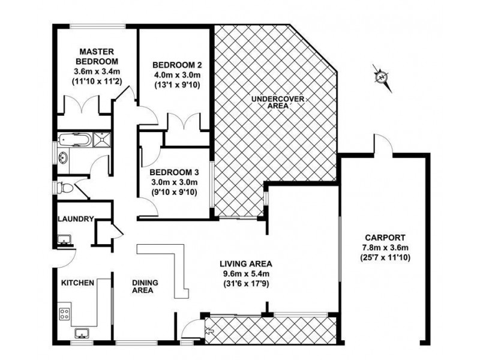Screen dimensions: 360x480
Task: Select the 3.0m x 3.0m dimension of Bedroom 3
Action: coord(175,182)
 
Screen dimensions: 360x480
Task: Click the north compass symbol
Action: coord(381,77)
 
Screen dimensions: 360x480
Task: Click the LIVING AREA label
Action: coord(246,263)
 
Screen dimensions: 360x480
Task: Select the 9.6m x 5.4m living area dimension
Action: coord(246,274)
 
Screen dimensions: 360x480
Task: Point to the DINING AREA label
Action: coord(143,287)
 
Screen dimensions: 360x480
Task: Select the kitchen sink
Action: coord(81,334)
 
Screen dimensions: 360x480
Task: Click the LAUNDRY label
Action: coord(75,219)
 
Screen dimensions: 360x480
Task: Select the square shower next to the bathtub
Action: coord(102,142)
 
